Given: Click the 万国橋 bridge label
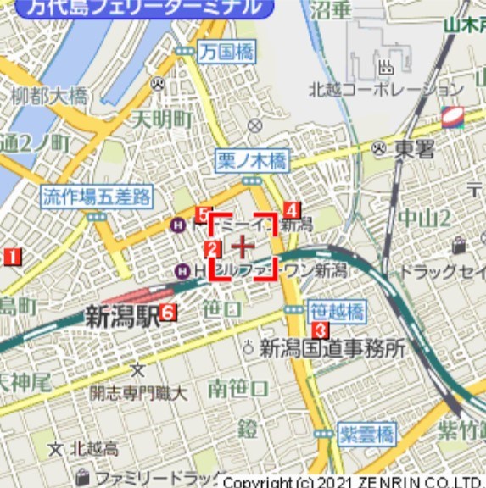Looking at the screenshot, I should (x=227, y=52).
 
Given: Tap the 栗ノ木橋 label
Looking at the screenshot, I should (x=252, y=160).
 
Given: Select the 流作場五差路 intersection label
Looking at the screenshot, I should (x=97, y=197).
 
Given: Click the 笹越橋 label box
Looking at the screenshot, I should (x=337, y=311).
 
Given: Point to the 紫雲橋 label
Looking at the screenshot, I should (x=366, y=435).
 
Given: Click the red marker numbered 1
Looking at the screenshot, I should (x=12, y=256).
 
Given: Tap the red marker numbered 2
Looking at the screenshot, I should (x=212, y=249).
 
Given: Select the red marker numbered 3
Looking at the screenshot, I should (x=320, y=330).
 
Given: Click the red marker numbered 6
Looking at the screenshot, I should (x=168, y=313).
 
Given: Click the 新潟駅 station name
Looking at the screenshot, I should (x=122, y=318).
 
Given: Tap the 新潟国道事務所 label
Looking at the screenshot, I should (x=332, y=347).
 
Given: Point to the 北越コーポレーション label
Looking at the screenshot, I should (x=386, y=89).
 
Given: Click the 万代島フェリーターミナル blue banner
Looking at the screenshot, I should (x=144, y=8).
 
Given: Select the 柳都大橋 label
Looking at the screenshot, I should (x=49, y=96).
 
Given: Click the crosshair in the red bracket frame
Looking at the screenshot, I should (x=243, y=247).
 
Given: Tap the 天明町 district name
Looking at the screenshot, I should (x=161, y=119).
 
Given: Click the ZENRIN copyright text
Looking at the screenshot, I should (x=352, y=481).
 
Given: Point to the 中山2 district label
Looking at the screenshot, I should (x=424, y=218).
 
